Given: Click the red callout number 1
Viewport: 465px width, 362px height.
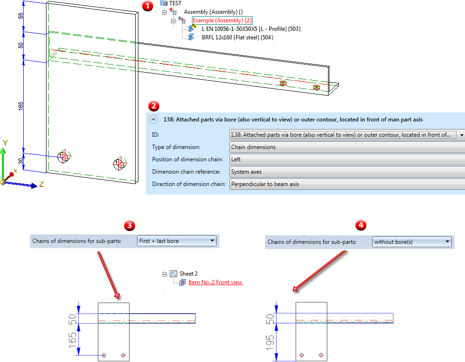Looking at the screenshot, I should click(x=148, y=6).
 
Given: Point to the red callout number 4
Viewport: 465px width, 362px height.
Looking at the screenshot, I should click(x=361, y=225).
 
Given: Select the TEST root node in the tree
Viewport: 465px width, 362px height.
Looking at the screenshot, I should click(x=175, y=3).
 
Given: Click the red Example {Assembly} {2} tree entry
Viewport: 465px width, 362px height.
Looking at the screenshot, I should click(x=222, y=20).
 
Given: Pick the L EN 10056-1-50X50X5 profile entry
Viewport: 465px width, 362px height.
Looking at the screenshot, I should click(x=251, y=29).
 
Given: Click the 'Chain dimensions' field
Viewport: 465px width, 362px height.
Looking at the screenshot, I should click(x=346, y=147).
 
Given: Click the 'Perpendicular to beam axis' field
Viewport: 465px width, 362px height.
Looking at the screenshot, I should click(x=346, y=184).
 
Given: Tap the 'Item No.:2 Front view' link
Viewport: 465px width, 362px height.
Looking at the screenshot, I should click(x=215, y=282).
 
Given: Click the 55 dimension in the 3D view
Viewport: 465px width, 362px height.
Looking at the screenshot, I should click(x=21, y=16).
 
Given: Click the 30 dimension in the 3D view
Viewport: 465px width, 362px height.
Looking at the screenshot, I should click(x=21, y=162).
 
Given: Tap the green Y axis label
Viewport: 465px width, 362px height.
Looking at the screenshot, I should click(x=5, y=142).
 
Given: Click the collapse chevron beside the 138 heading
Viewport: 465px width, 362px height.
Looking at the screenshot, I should click(x=154, y=120).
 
